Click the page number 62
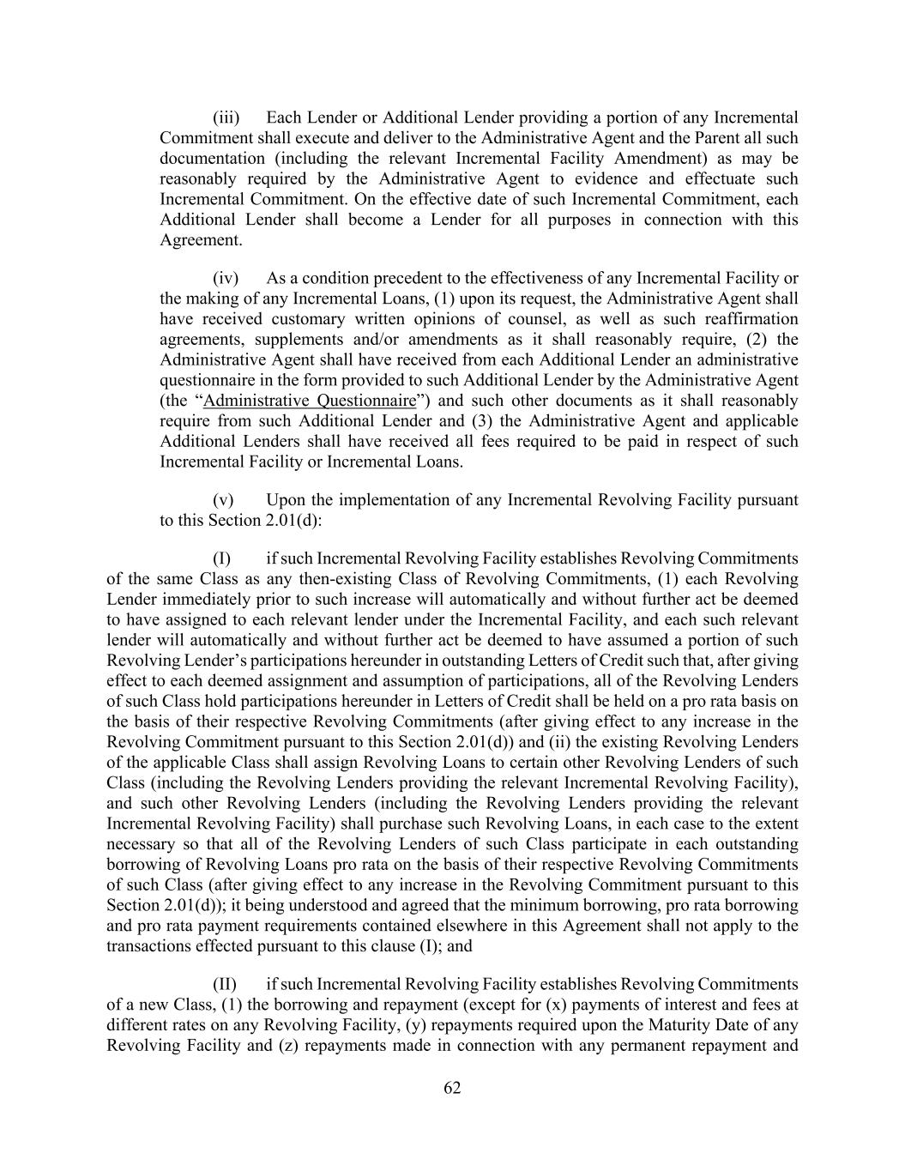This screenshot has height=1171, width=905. (452, 1088)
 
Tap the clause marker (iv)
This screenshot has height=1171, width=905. (226, 278)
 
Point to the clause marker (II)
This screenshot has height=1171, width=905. (225, 984)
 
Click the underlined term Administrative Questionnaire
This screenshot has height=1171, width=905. (310, 401)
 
